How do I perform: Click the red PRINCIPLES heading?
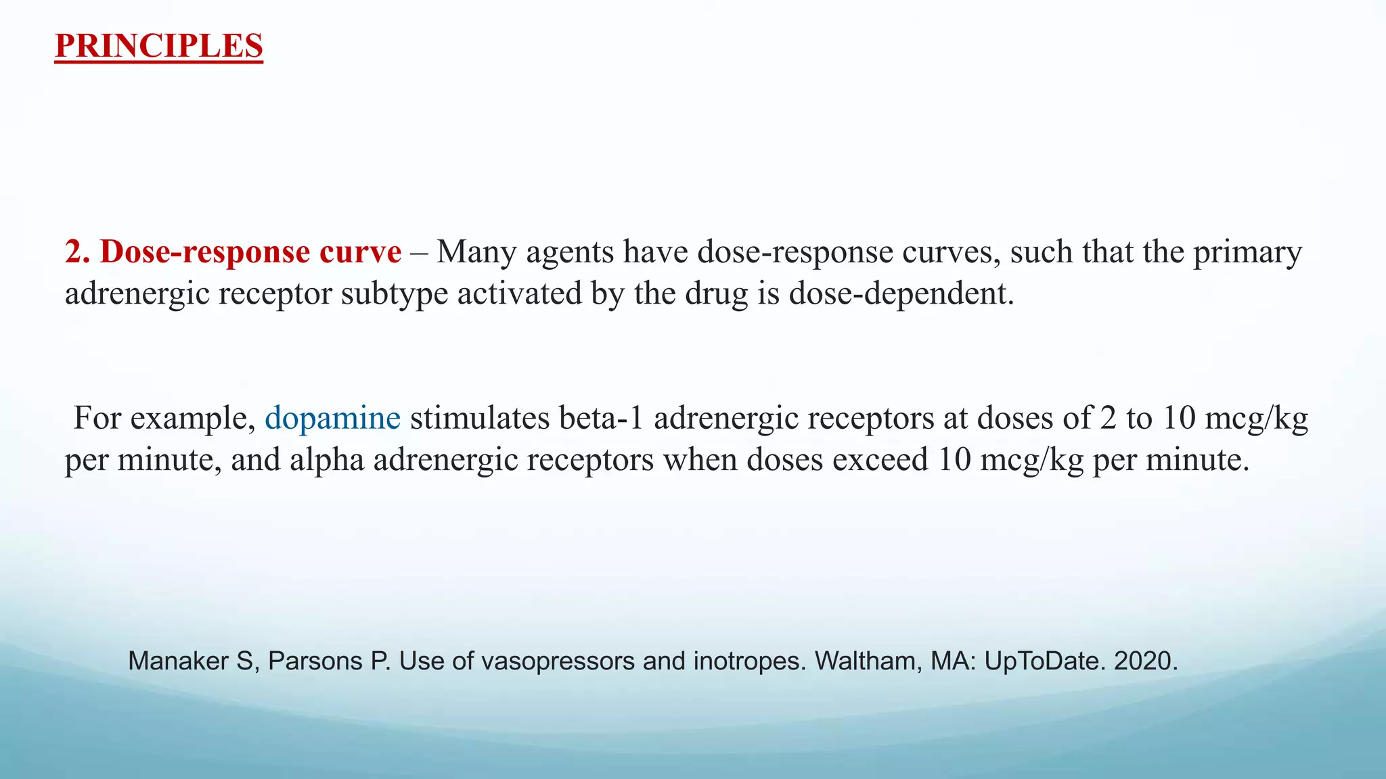pos(158,46)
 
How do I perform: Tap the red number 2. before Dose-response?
pos(78,252)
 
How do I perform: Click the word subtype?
pos(394,293)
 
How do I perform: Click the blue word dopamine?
pos(332,418)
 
